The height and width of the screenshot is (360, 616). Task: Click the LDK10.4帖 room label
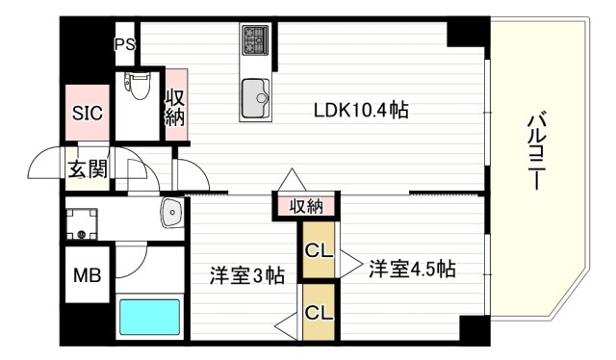click(361, 110)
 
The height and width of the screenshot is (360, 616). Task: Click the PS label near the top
click(125, 44)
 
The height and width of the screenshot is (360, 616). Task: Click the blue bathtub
click(148, 316)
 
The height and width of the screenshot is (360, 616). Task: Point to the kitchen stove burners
click(255, 40)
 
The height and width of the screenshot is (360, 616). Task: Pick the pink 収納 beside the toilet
click(175, 107)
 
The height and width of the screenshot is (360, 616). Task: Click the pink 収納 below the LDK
click(306, 206)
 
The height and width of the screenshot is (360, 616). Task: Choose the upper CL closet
click(318, 250)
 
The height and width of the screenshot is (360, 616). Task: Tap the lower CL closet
click(318, 312)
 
